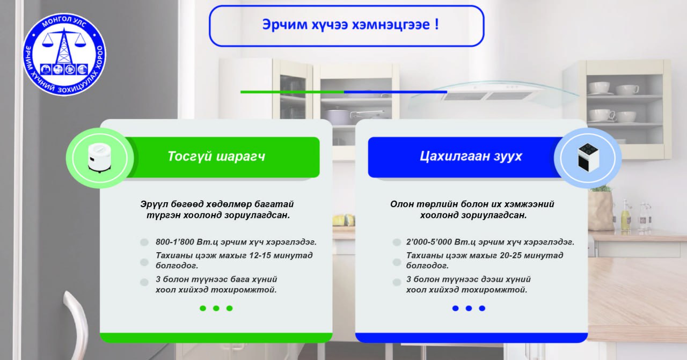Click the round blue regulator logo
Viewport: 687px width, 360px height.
(x=64, y=55)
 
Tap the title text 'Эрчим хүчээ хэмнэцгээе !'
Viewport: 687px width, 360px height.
(x=350, y=25)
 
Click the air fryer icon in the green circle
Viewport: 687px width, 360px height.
(x=99, y=158)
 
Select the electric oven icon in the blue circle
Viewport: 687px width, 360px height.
(x=588, y=158)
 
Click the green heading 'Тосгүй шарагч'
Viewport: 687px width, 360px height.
(x=216, y=156)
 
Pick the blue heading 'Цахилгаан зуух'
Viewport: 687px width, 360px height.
(x=471, y=156)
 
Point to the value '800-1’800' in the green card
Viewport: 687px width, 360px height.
(x=174, y=242)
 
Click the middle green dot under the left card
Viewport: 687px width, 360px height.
(x=216, y=308)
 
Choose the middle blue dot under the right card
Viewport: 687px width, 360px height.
(x=469, y=308)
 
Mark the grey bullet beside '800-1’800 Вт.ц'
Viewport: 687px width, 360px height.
(x=144, y=243)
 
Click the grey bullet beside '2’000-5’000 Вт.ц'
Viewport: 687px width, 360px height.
(x=397, y=243)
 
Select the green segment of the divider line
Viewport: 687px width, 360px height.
(x=293, y=92)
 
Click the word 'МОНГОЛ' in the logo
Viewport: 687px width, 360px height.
(x=54, y=22)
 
